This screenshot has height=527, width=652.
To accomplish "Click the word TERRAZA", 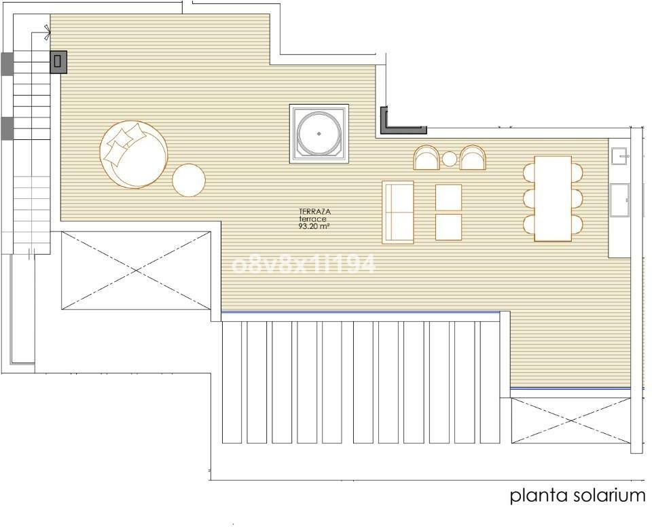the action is pos(314,212).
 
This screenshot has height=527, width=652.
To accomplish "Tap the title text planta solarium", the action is pos(577,496).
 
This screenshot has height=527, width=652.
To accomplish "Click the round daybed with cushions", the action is pos(133,154).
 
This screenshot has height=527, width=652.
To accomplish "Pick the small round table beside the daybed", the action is pos(189,180).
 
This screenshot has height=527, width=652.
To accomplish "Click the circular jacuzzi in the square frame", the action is pos(319,134).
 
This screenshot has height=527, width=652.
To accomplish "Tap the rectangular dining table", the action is pos(553,198).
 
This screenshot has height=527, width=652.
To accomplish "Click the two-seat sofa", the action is pos(398,212).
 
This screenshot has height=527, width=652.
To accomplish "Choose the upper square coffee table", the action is pos(449,198).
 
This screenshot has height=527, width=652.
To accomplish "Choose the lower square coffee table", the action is pos(449,227).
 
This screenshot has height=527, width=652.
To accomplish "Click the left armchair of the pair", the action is pos(427,158).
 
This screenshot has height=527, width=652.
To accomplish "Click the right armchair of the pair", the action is pos(473,158).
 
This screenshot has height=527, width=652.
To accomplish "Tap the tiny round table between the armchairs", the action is pos(450,158).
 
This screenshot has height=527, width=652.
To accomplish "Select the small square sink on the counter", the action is pos(619,156).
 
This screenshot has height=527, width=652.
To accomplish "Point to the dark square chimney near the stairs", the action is pos(58,62).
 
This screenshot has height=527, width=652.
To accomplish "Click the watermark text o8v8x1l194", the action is pos(303,264).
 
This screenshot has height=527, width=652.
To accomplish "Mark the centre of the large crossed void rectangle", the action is pos(136,271).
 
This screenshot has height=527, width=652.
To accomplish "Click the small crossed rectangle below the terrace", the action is pos(571,420).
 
